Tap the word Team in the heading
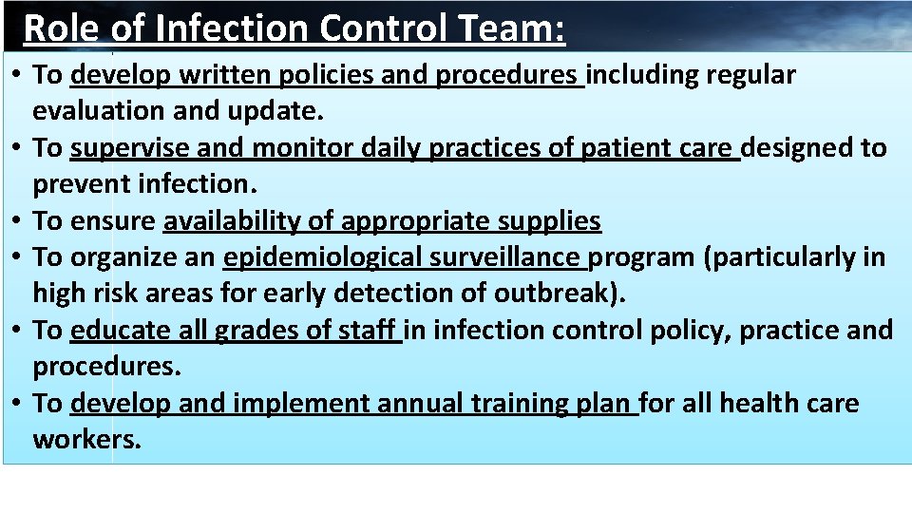[510, 28]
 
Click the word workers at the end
[86, 440]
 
